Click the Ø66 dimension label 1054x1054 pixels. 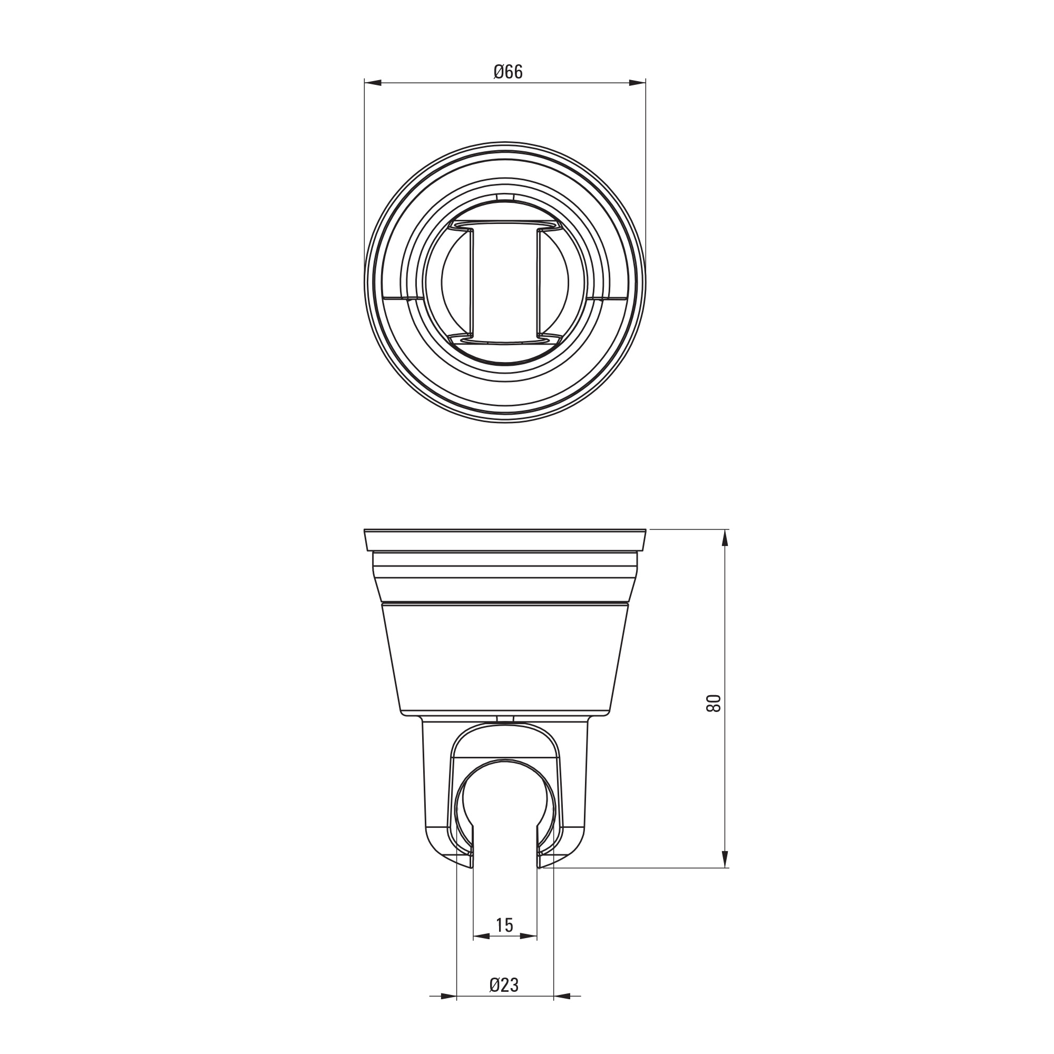(x=508, y=72)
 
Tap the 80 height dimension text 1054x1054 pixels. (x=714, y=703)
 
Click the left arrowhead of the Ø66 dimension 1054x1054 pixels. (x=372, y=83)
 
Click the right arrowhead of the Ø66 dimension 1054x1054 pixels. (x=638, y=83)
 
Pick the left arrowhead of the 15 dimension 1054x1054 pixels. (x=481, y=951)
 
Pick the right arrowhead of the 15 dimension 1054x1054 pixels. (x=529, y=951)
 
